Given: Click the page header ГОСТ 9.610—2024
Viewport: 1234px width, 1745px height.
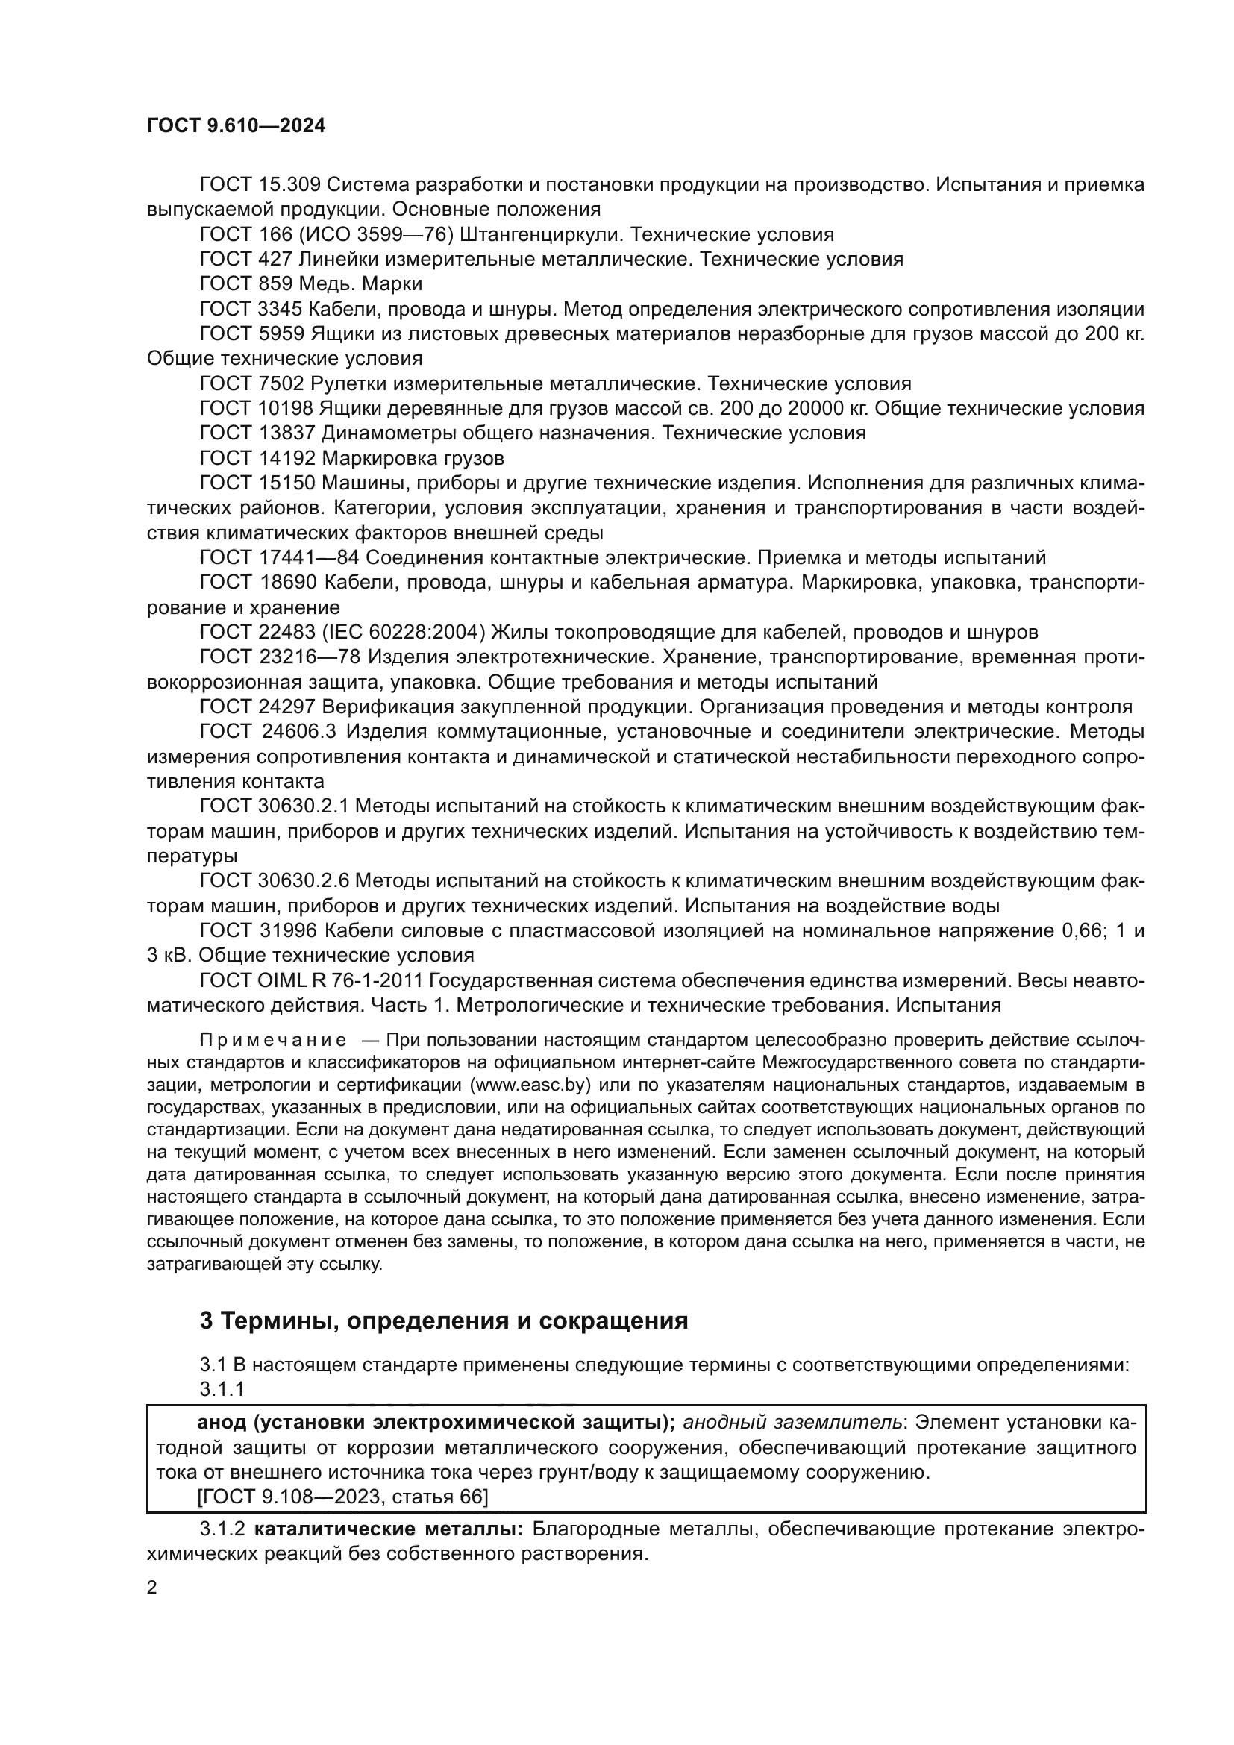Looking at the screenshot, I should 236,126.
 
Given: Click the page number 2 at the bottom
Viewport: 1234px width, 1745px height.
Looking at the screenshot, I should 152,1588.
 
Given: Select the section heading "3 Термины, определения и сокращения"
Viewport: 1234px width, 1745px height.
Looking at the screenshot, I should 443,1321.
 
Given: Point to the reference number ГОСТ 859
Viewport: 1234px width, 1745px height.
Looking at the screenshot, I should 245,283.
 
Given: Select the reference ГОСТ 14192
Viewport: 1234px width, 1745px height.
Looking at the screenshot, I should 257,458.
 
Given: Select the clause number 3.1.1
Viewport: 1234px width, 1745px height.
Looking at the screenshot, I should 221,1389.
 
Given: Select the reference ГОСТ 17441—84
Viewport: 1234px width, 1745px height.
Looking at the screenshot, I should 279,558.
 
